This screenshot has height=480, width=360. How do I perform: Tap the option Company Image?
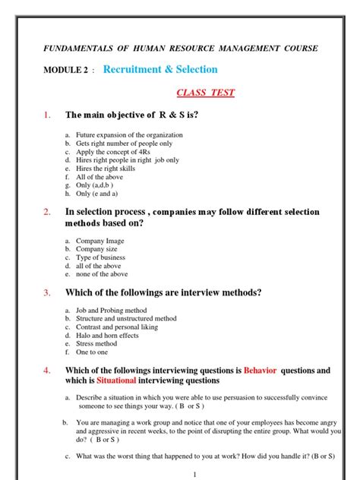point(100,241)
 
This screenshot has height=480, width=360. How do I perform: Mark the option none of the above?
point(102,274)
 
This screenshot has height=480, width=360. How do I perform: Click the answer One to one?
point(92,352)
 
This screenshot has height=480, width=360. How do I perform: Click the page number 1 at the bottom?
point(195,474)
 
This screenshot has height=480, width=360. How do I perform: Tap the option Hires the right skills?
point(111,168)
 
